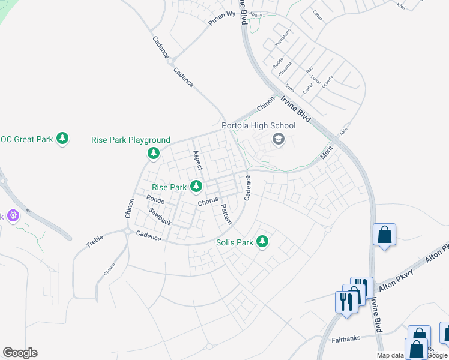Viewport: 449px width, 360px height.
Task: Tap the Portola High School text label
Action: click(x=259, y=125)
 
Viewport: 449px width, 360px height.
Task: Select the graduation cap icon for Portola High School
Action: click(x=279, y=140)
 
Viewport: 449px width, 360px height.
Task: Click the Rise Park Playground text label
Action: click(x=131, y=140)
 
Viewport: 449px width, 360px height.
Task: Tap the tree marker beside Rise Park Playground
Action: click(x=154, y=154)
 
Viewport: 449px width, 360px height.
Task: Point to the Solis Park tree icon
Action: click(x=262, y=242)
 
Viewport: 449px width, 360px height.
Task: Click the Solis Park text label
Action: click(x=235, y=242)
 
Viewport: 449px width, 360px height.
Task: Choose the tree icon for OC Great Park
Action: click(x=62, y=139)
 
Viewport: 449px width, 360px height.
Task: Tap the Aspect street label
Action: click(x=197, y=160)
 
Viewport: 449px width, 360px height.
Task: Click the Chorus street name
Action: click(x=208, y=202)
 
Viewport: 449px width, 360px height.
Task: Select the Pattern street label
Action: click(x=226, y=214)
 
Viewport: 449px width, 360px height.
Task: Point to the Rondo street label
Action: click(x=155, y=199)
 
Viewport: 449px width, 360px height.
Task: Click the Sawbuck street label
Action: click(x=160, y=216)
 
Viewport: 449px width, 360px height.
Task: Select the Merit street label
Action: click(x=326, y=153)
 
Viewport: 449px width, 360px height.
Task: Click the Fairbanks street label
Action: click(x=346, y=339)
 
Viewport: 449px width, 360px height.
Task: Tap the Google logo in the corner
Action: click(x=20, y=353)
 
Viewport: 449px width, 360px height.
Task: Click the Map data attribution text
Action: click(x=390, y=355)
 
